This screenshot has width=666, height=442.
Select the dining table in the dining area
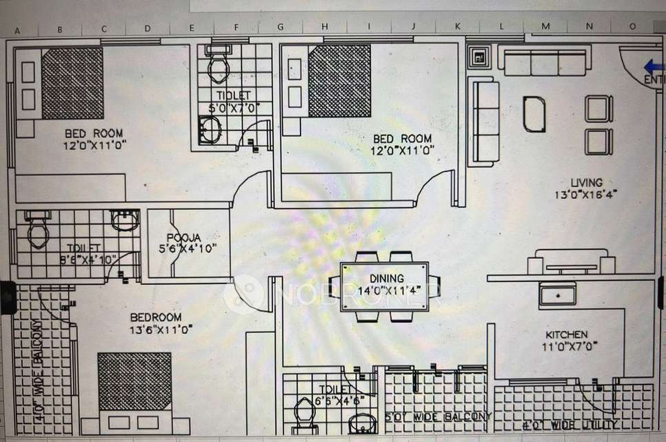point(384,286)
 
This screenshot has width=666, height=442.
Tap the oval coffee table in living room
point(534,114)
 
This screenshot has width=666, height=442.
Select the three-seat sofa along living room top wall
point(545,63)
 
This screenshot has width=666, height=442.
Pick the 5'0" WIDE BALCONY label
point(438,416)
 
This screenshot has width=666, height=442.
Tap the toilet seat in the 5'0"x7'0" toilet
point(220,67)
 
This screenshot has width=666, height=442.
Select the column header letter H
point(324,28)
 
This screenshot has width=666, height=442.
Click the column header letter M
point(545,27)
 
